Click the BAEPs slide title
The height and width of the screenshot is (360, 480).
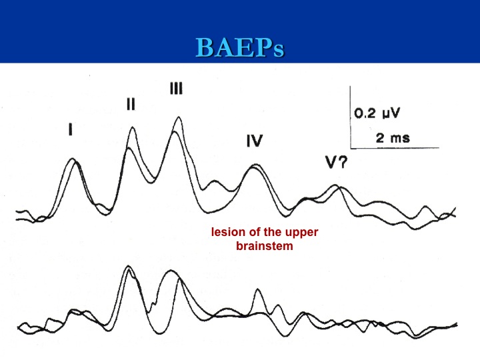click(x=240, y=47)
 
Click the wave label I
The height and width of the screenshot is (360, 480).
click(x=71, y=129)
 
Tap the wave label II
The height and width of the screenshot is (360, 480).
click(x=131, y=104)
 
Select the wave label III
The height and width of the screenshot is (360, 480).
click(x=176, y=88)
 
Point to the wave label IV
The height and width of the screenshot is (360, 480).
click(x=255, y=141)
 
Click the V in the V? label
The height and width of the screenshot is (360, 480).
click(x=331, y=162)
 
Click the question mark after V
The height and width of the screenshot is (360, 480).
click(x=343, y=162)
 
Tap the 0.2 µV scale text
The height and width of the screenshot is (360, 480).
click(x=377, y=113)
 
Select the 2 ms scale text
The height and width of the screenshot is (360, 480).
click(x=393, y=138)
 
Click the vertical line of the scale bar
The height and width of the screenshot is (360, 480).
click(x=351, y=117)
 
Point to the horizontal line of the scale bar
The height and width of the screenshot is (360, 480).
click(x=395, y=148)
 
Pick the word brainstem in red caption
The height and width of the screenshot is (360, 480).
click(x=265, y=246)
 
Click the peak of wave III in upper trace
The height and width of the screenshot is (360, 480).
click(x=178, y=117)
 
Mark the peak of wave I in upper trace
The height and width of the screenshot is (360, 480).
click(x=73, y=159)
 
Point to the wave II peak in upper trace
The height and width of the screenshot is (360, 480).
click(x=133, y=127)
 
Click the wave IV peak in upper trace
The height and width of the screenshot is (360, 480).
click(x=254, y=165)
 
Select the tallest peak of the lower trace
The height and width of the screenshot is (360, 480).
click(x=129, y=266)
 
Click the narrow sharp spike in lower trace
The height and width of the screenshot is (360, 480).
click(x=258, y=289)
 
